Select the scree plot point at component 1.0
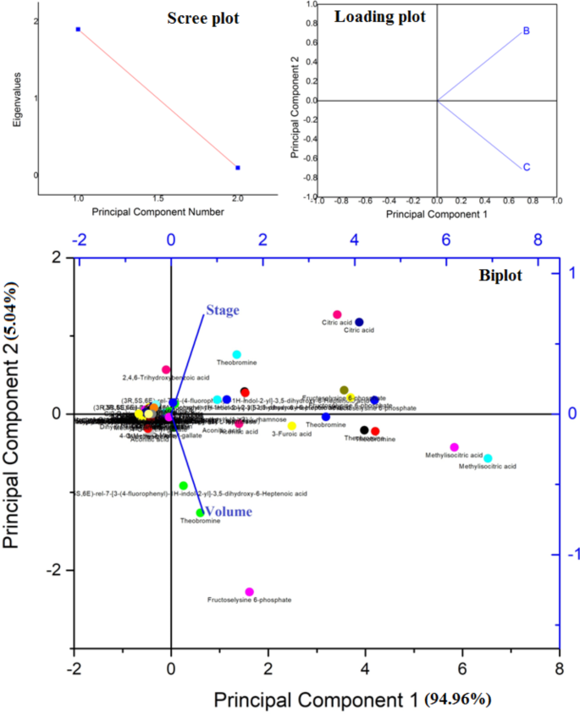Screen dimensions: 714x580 (78, 30)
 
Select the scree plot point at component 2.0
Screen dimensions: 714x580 (238, 168)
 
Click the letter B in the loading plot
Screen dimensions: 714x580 (527, 31)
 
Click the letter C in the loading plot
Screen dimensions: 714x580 (527, 167)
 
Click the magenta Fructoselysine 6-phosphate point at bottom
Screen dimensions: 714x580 (249, 592)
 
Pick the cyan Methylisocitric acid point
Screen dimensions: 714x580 (488, 458)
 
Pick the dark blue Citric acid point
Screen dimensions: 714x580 (359, 322)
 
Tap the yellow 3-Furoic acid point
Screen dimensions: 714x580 (292, 425)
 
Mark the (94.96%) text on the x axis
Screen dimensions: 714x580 (459, 700)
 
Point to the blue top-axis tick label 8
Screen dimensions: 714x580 (536, 241)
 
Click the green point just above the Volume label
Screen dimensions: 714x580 (184, 485)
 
